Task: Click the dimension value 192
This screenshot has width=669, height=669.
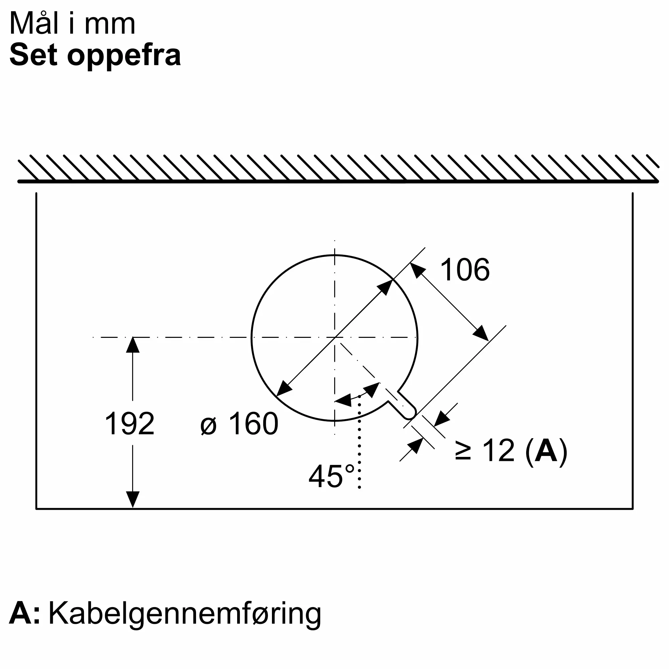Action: (x=129, y=423)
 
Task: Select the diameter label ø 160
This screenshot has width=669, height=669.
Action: (x=239, y=423)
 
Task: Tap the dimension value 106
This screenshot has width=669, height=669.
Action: (x=465, y=270)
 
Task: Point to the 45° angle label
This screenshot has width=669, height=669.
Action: (x=331, y=476)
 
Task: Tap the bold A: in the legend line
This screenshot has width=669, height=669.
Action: (x=24, y=613)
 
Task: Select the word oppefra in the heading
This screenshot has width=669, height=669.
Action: (x=124, y=56)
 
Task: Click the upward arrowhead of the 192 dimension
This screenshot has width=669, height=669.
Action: (x=132, y=345)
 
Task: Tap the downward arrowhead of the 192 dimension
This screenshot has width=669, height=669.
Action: (x=132, y=500)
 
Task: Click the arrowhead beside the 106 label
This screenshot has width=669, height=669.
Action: (x=417, y=270)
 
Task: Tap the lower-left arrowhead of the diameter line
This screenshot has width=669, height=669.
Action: (x=284, y=388)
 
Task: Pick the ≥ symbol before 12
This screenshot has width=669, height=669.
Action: (x=463, y=451)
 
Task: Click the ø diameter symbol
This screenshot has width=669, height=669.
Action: (x=208, y=426)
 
